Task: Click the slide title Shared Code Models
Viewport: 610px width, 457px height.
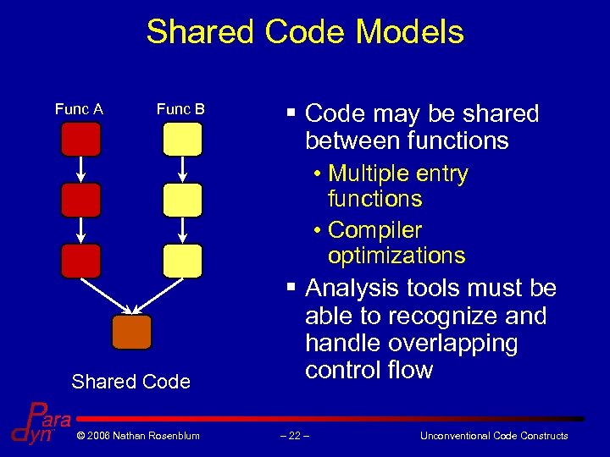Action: point(305,32)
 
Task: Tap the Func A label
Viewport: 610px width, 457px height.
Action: point(79,108)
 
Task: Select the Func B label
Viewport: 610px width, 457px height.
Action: point(180,108)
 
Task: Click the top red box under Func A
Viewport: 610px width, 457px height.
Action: point(80,139)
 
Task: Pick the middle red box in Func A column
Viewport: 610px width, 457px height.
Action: point(80,200)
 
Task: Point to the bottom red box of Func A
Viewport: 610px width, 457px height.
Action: point(80,261)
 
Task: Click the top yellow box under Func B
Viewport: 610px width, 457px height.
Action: point(182,139)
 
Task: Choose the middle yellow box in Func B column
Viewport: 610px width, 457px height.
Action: point(182,200)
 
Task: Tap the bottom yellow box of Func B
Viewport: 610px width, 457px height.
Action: point(182,261)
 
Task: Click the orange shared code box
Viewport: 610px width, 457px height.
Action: point(131,332)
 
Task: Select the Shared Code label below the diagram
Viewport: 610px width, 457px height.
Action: point(131,382)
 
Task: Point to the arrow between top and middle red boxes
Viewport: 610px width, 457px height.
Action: point(80,169)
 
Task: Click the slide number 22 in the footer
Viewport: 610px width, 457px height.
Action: point(296,436)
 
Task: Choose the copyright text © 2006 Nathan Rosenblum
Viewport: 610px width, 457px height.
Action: point(137,436)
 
